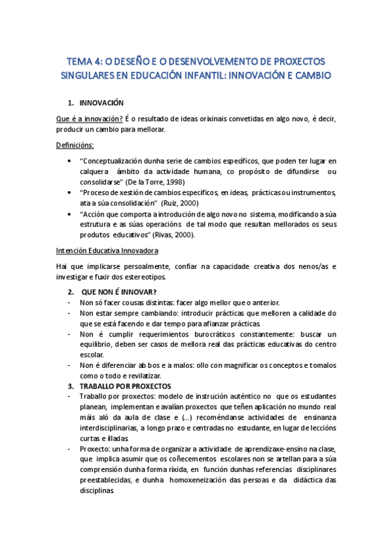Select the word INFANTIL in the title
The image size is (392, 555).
(x=212, y=76)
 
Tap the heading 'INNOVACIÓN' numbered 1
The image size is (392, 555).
(x=101, y=103)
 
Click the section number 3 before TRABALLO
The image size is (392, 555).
(x=71, y=386)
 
